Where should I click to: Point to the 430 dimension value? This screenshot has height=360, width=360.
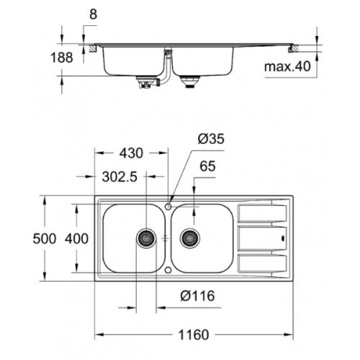130,153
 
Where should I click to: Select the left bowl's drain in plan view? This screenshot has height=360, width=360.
146,237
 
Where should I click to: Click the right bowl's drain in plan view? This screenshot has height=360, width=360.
191,237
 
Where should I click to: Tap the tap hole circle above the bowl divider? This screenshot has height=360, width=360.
168,206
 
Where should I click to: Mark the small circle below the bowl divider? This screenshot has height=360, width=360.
168,269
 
